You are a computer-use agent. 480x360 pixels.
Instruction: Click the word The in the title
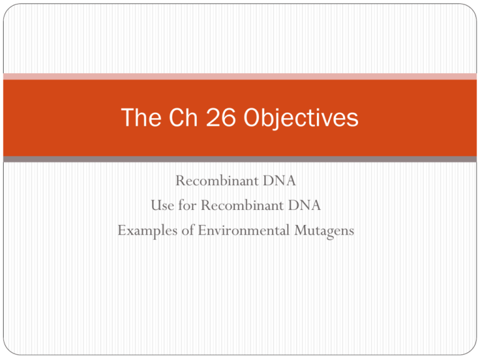tap(141, 117)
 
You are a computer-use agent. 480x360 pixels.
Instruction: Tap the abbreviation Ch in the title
tap(183, 117)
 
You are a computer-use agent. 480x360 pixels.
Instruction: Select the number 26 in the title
tap(221, 117)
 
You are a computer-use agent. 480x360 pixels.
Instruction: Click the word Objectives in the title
tap(301, 119)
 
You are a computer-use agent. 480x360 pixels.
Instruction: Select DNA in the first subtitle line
tap(279, 181)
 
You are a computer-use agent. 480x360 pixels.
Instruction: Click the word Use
tap(162, 205)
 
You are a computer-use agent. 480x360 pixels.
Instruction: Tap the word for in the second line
tap(187, 205)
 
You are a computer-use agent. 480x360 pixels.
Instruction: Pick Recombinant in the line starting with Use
tap(242, 205)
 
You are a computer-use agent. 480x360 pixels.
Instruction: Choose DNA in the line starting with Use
tap(304, 205)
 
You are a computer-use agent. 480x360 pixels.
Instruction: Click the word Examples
tap(147, 231)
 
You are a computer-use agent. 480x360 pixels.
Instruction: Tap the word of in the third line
tap(188, 230)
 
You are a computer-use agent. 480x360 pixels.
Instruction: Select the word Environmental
tap(244, 230)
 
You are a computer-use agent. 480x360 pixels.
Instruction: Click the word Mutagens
tap(324, 231)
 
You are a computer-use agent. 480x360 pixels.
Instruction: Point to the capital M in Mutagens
tap(301, 230)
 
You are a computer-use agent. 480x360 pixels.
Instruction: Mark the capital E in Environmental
tap(202, 230)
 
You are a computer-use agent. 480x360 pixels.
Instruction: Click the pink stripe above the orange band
tap(240, 76)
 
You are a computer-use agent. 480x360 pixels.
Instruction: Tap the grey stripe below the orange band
tap(240, 159)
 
